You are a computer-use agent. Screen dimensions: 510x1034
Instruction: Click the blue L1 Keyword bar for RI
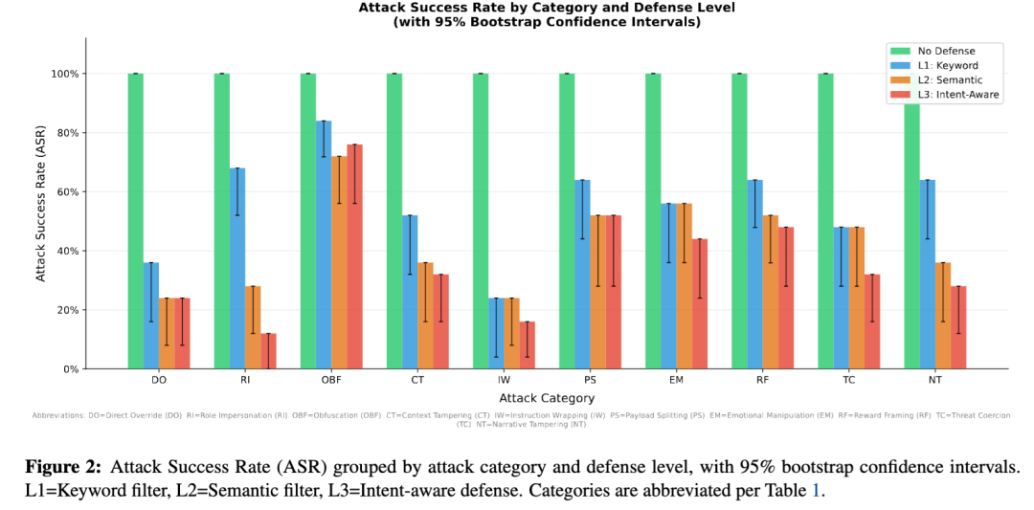[x=237, y=268]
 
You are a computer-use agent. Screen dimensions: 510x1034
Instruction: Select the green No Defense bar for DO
[x=136, y=220]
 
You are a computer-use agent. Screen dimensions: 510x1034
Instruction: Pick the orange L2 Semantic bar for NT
[x=943, y=316]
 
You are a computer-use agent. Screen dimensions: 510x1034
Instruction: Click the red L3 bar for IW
[x=528, y=344]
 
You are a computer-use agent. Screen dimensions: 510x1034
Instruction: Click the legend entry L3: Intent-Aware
[x=956, y=95]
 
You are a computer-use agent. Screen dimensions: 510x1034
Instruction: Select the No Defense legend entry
[x=946, y=51]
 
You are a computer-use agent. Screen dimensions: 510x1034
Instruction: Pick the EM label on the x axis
[x=676, y=380]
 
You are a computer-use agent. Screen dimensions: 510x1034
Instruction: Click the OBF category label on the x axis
[x=331, y=380]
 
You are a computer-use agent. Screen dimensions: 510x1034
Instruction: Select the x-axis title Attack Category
[x=547, y=398]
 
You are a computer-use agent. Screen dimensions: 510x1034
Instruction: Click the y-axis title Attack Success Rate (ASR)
[x=40, y=203]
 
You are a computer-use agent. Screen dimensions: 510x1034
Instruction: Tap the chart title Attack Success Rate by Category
[x=547, y=8]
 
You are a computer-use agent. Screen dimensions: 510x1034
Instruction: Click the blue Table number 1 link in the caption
[x=816, y=489]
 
